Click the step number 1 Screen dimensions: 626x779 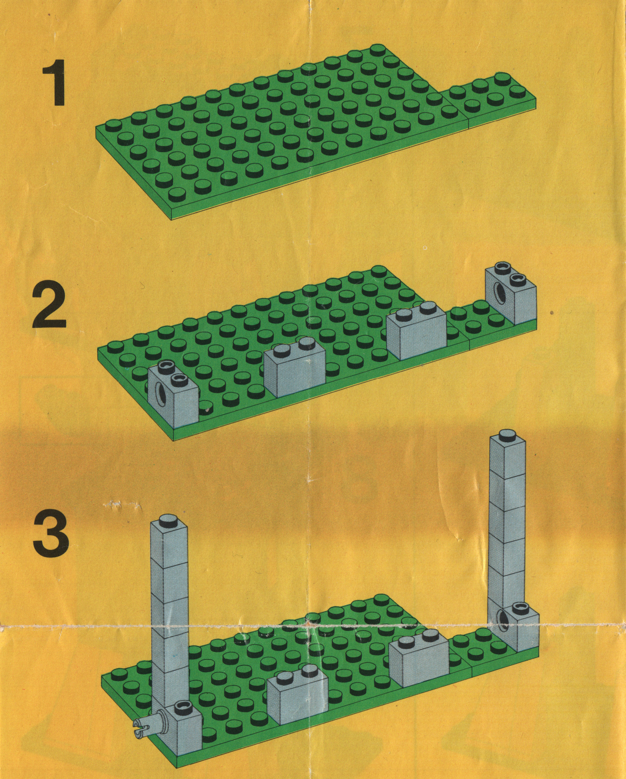coord(55,83)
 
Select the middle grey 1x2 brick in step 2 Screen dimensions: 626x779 coord(295,365)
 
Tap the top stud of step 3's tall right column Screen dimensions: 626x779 coord(506,436)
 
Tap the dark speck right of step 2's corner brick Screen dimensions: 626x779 coord(552,312)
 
